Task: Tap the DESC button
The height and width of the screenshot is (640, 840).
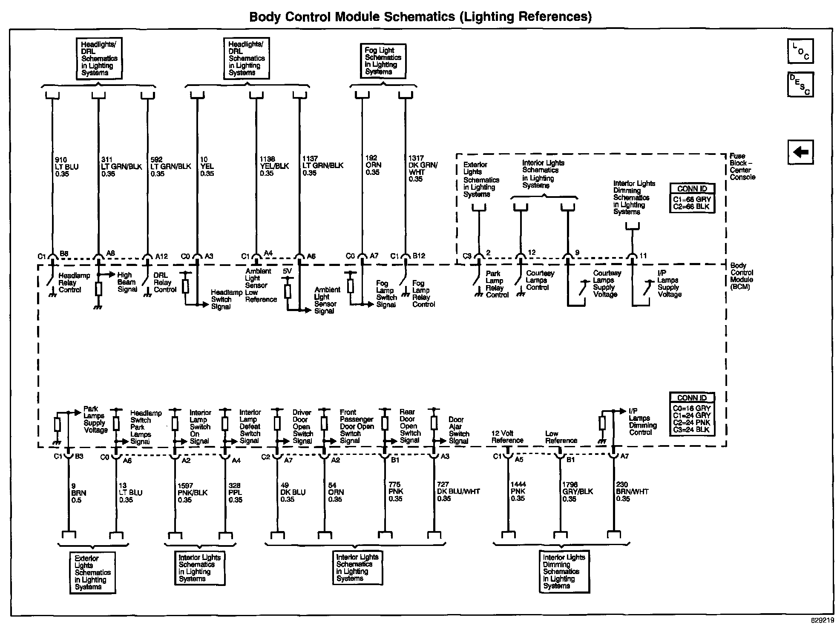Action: click(x=800, y=85)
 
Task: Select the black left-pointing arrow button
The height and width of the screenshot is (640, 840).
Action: click(x=800, y=152)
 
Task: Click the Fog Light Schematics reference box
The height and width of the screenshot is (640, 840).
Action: click(x=383, y=61)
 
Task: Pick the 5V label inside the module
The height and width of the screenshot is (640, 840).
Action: click(x=288, y=271)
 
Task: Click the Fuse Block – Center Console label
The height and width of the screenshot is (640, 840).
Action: click(x=742, y=166)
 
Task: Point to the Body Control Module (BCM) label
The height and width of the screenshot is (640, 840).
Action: click(x=742, y=276)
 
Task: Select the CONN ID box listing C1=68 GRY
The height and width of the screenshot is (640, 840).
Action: click(x=692, y=198)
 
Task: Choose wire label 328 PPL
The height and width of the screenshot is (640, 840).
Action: click(x=235, y=493)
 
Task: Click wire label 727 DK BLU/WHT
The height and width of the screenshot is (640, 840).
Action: click(x=458, y=491)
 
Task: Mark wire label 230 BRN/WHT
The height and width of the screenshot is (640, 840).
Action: click(x=632, y=491)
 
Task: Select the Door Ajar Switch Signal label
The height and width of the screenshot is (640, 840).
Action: click(x=459, y=430)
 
